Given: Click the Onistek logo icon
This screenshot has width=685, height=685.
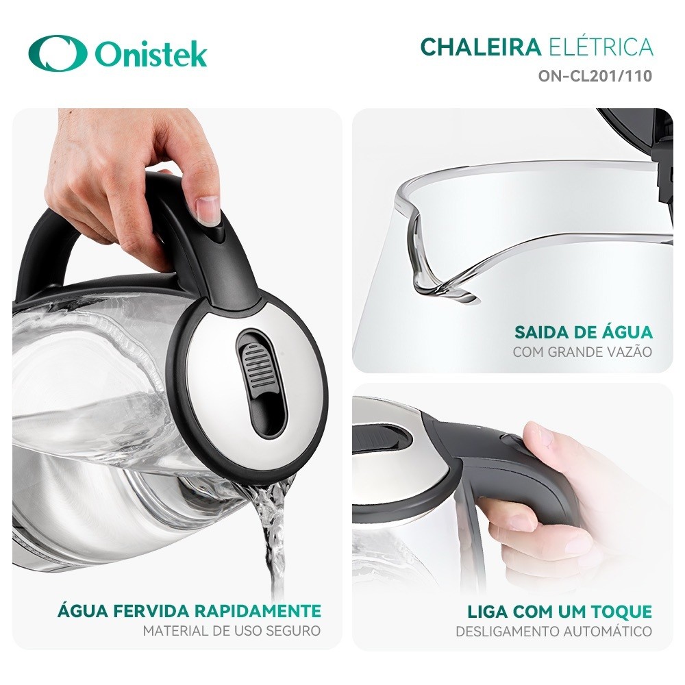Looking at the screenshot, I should click(x=58, y=53).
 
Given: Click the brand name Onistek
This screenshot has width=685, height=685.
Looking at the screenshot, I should click(x=151, y=54).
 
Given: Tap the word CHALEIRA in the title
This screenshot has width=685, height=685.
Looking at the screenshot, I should click(x=480, y=47).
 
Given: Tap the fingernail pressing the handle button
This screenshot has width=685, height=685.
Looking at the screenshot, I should click(x=207, y=208).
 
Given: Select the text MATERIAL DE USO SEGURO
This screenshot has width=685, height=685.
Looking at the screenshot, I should click(x=232, y=631).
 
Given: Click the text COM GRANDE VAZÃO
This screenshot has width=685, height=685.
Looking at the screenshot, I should click(x=582, y=352).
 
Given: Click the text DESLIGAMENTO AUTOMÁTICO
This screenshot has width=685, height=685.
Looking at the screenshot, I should click(x=553, y=631).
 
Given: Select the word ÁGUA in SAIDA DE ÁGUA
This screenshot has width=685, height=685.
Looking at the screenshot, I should click(x=625, y=333).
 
